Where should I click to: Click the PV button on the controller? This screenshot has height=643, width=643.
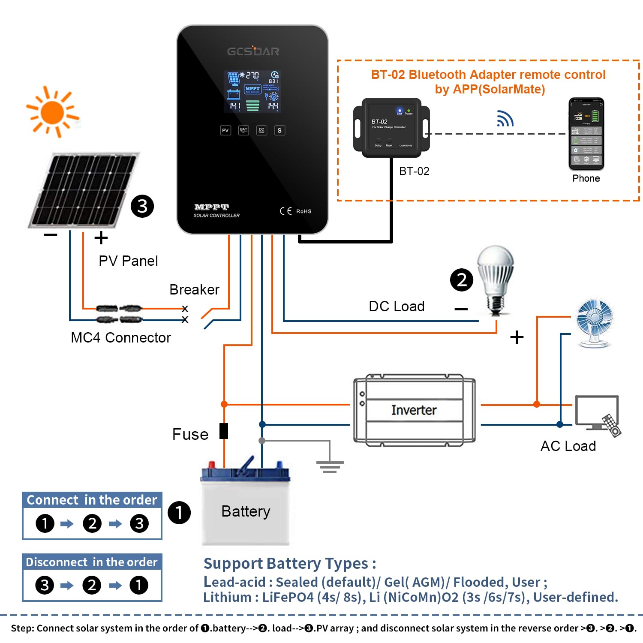(x=225, y=130)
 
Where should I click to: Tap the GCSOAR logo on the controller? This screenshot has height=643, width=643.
(x=253, y=51)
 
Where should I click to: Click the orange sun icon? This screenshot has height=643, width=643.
(x=53, y=112)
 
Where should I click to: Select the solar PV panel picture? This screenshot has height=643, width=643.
(x=83, y=190)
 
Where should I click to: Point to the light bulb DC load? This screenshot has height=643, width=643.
(x=496, y=279)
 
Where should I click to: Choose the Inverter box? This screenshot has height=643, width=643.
(x=414, y=410)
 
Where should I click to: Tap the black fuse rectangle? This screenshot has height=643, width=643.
(x=224, y=431)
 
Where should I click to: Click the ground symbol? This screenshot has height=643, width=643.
(x=330, y=466)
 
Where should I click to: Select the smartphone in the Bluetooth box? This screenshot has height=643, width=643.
(x=586, y=133)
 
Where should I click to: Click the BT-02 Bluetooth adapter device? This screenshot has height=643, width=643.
(x=391, y=128)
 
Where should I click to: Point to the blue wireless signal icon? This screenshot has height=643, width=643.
(x=505, y=119)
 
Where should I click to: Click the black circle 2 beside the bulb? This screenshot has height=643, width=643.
(x=462, y=280)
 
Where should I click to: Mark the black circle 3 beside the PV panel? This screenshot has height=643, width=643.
(x=142, y=206)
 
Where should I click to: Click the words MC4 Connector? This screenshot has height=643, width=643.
(x=120, y=338)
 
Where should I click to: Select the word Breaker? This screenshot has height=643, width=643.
(x=194, y=290)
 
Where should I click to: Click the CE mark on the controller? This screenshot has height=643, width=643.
(x=285, y=211)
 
